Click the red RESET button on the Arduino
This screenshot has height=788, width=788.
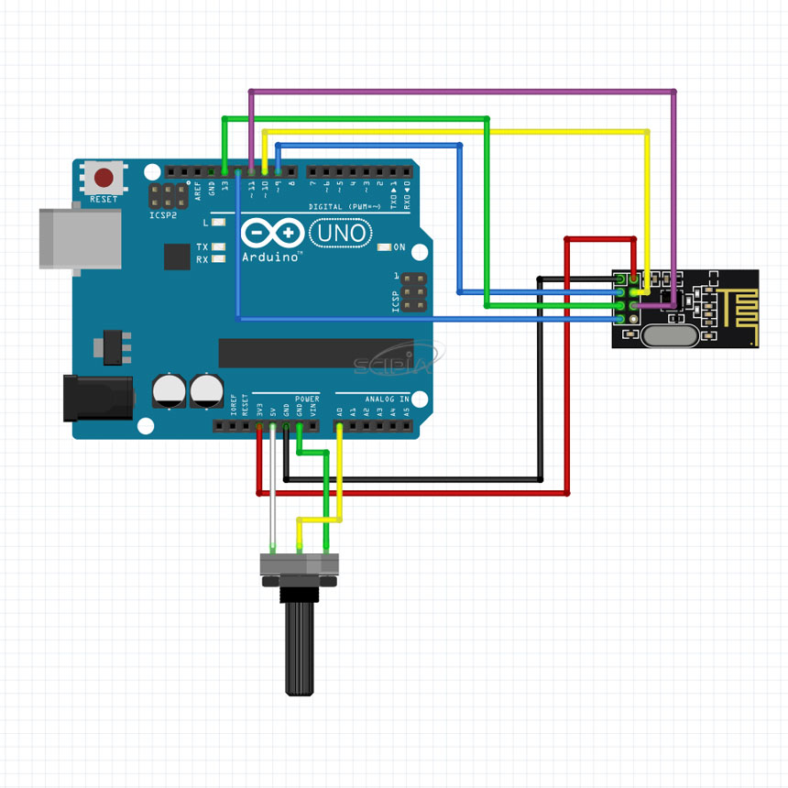pos(104,177)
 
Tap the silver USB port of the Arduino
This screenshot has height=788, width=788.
pos(80,238)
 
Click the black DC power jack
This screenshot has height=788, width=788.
pos(97,398)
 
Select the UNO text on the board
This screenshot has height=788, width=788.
pos(340,235)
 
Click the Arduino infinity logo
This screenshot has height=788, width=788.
pos(272,234)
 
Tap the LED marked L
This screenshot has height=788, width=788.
pos(218,223)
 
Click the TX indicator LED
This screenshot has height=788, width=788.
pos(218,247)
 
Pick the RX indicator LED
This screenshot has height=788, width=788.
pos(218,259)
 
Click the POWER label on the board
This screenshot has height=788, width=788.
pos(307,399)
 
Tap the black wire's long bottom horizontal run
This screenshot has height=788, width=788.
pos(412,479)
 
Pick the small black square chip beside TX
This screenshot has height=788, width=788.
pos(177,257)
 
